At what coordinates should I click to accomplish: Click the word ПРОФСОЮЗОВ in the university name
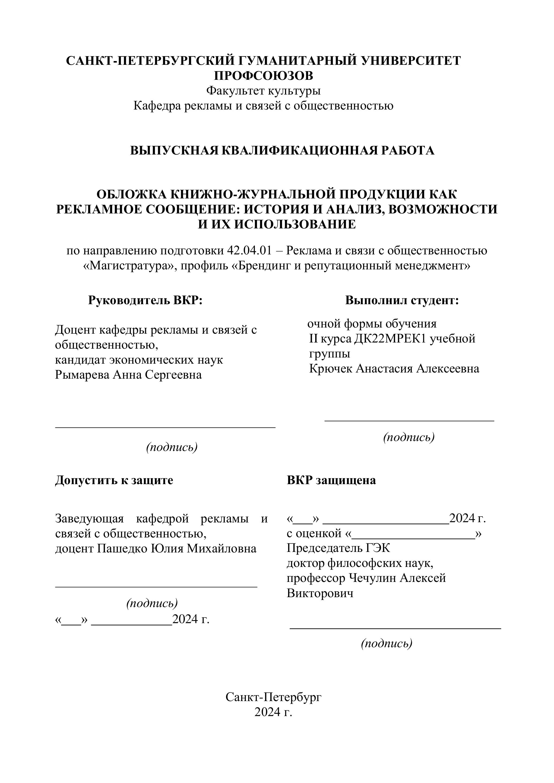click(x=263, y=76)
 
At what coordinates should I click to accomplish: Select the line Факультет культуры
click(x=263, y=91)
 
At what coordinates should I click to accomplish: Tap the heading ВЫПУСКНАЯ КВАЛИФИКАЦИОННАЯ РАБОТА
click(x=282, y=150)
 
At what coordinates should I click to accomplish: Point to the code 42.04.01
click(x=249, y=251)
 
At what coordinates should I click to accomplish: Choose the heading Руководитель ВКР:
click(x=145, y=300)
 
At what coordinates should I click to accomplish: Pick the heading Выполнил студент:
click(x=402, y=300)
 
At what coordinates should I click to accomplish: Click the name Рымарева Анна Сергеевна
click(x=128, y=375)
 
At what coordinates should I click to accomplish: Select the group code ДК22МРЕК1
click(x=390, y=339)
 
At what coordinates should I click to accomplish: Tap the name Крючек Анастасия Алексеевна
click(x=394, y=369)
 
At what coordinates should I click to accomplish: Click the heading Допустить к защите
click(x=114, y=480)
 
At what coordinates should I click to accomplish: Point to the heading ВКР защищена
click(x=331, y=480)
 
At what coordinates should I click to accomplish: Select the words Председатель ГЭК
click(x=338, y=548)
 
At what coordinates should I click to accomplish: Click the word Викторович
click(x=320, y=593)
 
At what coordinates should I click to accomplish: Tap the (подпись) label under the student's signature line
click(x=409, y=437)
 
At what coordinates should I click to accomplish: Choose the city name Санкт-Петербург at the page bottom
click(x=273, y=697)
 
